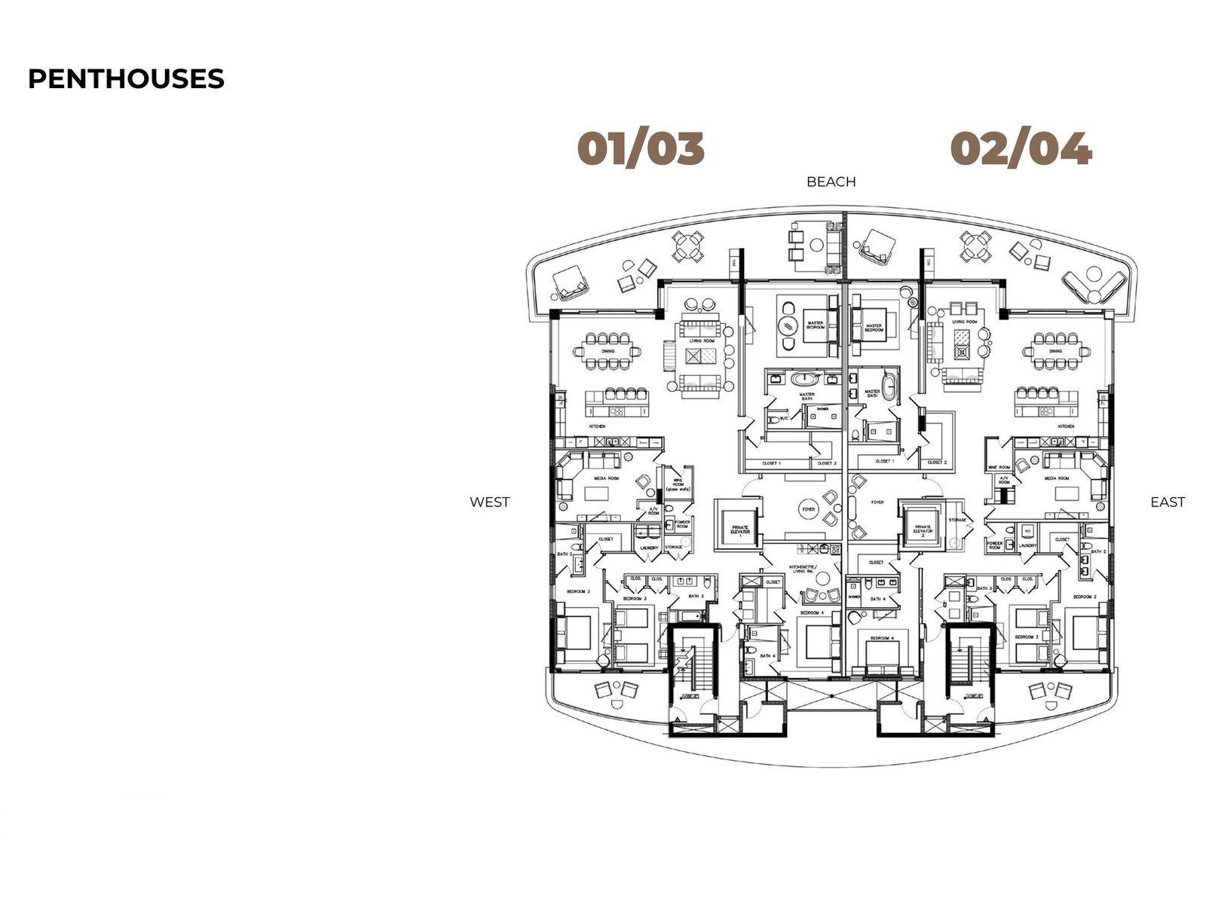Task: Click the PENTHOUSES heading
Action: [126, 78]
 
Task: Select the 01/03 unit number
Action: [641, 148]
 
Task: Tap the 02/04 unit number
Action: [1021, 148]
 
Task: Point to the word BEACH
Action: [831, 182]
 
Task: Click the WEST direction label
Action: [489, 502]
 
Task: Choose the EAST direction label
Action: [1167, 502]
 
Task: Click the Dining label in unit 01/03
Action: [608, 351]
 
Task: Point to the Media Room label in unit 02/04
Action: [1056, 478]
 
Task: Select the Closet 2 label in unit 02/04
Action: [936, 463]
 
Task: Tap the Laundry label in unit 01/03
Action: [649, 548]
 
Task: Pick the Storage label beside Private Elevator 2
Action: [957, 521]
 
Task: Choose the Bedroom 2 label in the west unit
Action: [577, 592]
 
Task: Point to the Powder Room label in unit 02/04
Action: [994, 545]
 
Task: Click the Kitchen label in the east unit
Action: [1065, 426]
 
